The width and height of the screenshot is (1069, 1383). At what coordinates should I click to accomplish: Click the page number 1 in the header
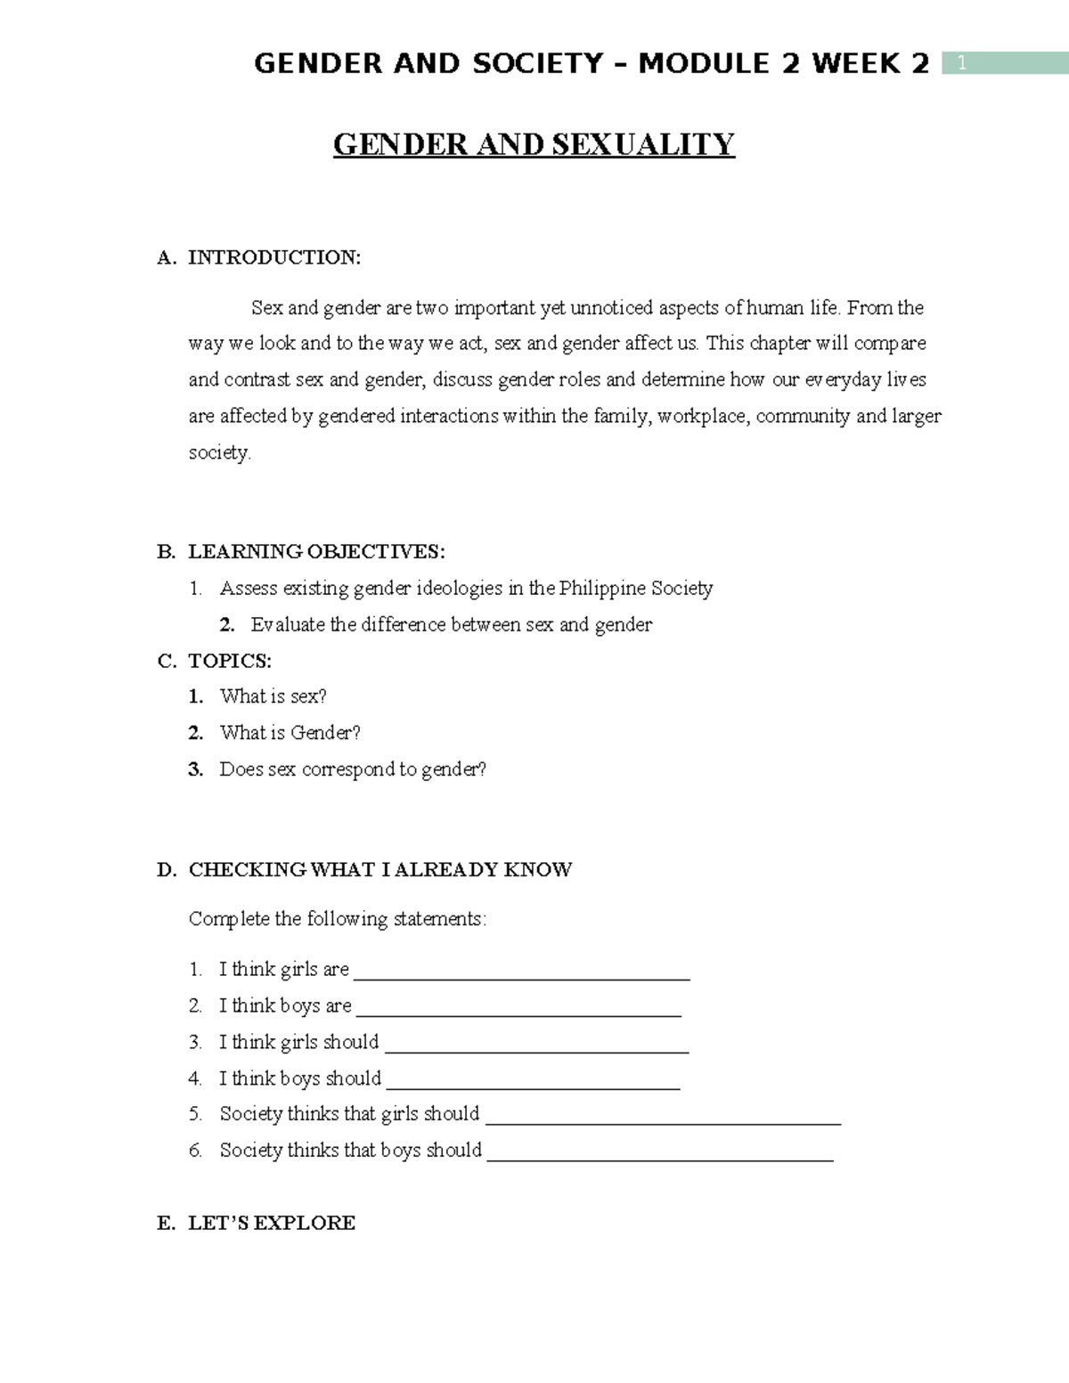(961, 63)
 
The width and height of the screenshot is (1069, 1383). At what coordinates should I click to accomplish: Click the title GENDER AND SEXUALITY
(534, 143)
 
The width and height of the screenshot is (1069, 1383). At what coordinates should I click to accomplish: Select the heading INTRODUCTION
(274, 257)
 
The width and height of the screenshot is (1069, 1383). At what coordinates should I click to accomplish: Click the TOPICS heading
(230, 661)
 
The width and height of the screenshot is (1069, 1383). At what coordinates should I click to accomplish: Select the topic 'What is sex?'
(273, 696)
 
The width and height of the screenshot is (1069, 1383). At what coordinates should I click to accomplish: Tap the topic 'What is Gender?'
(290, 733)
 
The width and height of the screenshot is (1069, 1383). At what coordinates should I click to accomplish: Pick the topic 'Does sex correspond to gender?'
(353, 769)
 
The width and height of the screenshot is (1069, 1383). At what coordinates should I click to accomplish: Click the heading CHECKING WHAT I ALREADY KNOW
(380, 869)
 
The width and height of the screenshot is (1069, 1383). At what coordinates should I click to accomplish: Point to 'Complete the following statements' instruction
(338, 918)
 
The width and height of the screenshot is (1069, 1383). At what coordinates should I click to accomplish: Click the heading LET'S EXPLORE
(272, 1223)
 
